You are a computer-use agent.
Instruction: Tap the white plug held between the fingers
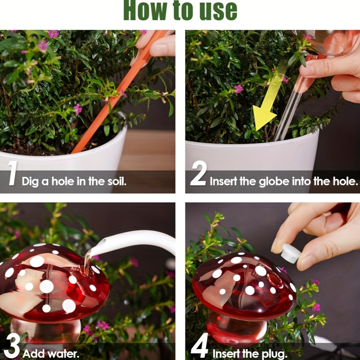(x=290, y=253)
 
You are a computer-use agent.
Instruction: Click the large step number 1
(x=13, y=173)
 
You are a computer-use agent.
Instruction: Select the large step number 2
(x=198, y=173)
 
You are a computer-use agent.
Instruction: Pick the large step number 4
(x=199, y=346)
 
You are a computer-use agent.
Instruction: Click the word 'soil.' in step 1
(x=117, y=181)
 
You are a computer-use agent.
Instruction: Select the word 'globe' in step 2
(x=274, y=182)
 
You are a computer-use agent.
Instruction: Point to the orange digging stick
(x=119, y=91)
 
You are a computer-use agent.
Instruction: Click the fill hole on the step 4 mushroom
(x=275, y=280)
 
